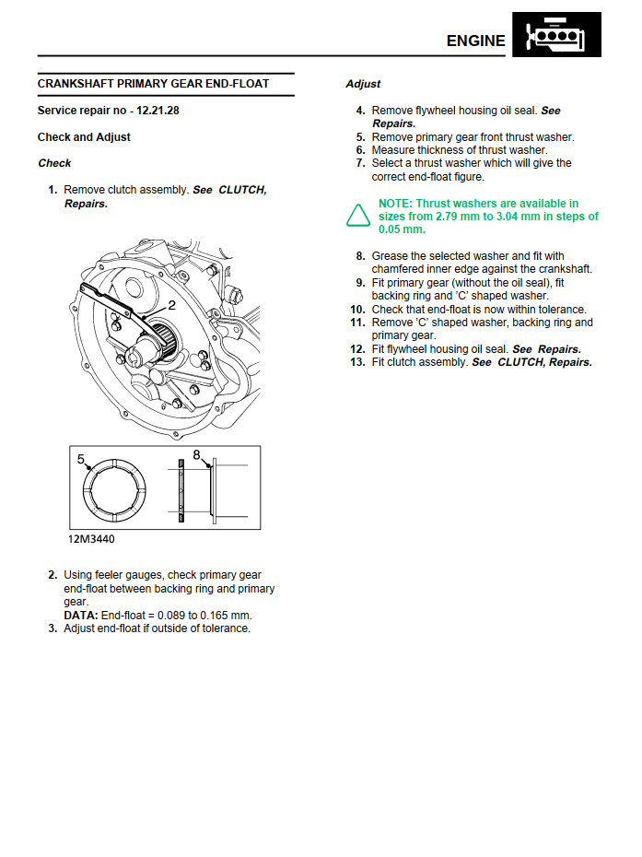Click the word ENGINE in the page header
pyautogui.click(x=475, y=41)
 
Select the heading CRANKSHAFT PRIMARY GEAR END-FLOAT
pyautogui.click(x=153, y=84)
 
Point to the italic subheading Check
pyautogui.click(x=54, y=163)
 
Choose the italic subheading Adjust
pyautogui.click(x=363, y=84)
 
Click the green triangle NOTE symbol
pyautogui.click(x=357, y=216)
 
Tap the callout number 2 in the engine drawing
pyautogui.click(x=171, y=305)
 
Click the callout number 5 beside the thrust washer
pyautogui.click(x=80, y=458)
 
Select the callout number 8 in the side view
pyautogui.click(x=196, y=454)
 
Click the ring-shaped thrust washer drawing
pyautogui.click(x=115, y=494)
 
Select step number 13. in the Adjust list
pyautogui.click(x=357, y=362)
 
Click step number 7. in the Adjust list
pyautogui.click(x=361, y=163)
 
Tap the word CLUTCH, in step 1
pyautogui.click(x=242, y=190)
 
